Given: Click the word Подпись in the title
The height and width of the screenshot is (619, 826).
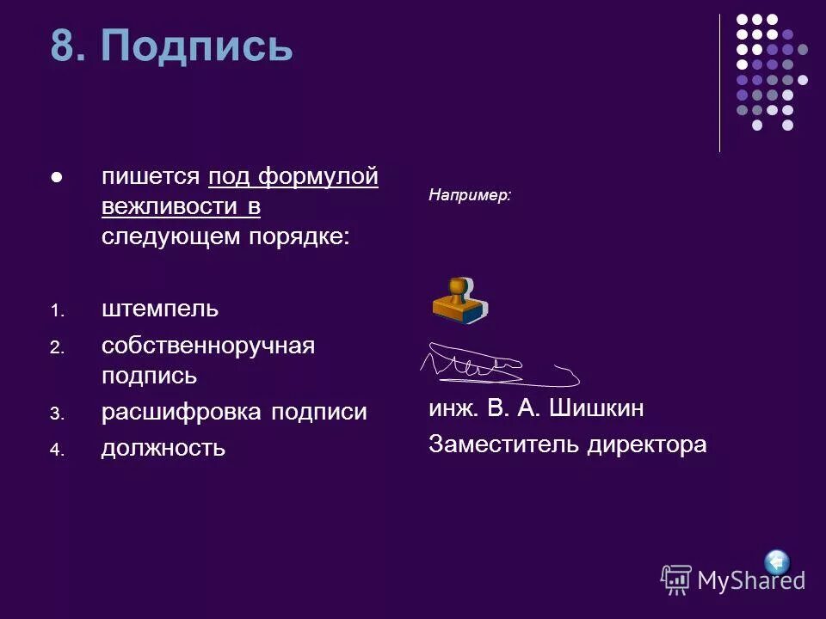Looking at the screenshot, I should (197, 46).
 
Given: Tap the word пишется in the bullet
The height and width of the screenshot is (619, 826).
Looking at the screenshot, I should (151, 177).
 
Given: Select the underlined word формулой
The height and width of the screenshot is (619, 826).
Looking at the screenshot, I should (318, 177).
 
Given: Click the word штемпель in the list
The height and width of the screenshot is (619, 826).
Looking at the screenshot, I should (159, 308).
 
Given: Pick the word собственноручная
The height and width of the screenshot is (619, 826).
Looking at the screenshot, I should (207, 346).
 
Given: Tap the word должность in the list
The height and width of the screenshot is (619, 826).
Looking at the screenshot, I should (163, 448).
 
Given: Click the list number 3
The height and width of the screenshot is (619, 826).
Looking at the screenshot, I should (56, 414).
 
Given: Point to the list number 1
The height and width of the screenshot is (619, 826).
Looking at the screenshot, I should (56, 310).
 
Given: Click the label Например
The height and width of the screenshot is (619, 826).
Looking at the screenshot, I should (469, 196).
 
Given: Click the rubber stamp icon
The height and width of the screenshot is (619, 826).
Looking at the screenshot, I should (459, 300).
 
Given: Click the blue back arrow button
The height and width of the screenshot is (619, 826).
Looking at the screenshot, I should (777, 562).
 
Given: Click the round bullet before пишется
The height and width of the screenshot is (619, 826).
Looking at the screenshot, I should (57, 178).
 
